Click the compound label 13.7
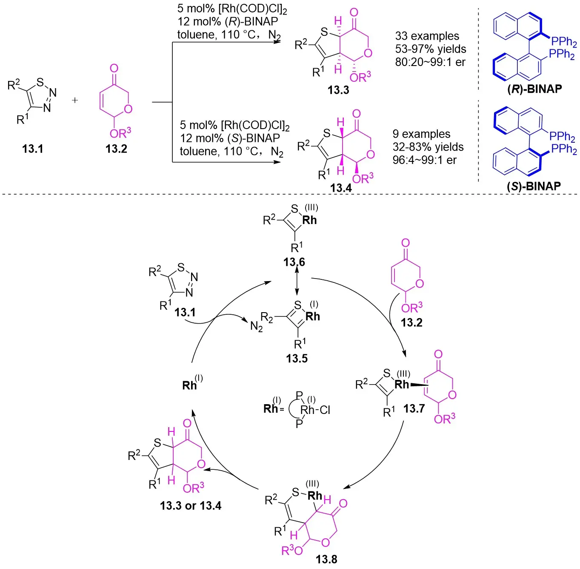click(414, 409)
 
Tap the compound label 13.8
click(326, 559)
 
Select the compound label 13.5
click(297, 358)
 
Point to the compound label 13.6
click(294, 262)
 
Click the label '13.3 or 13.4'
click(191, 506)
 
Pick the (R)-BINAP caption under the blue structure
click(534, 89)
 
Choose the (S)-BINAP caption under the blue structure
click(534, 186)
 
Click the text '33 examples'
click(427, 36)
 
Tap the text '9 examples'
click(421, 134)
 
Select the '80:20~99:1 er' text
click(430, 62)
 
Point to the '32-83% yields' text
click(428, 147)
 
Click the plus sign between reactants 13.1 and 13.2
click(75, 100)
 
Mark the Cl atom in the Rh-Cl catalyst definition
click(325, 410)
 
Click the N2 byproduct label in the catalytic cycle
click(256, 327)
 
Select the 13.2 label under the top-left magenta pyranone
click(116, 149)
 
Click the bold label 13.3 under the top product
click(338, 90)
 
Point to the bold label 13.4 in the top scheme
click(340, 188)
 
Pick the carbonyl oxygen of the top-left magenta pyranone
click(114, 69)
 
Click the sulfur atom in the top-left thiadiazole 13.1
click(40, 82)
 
